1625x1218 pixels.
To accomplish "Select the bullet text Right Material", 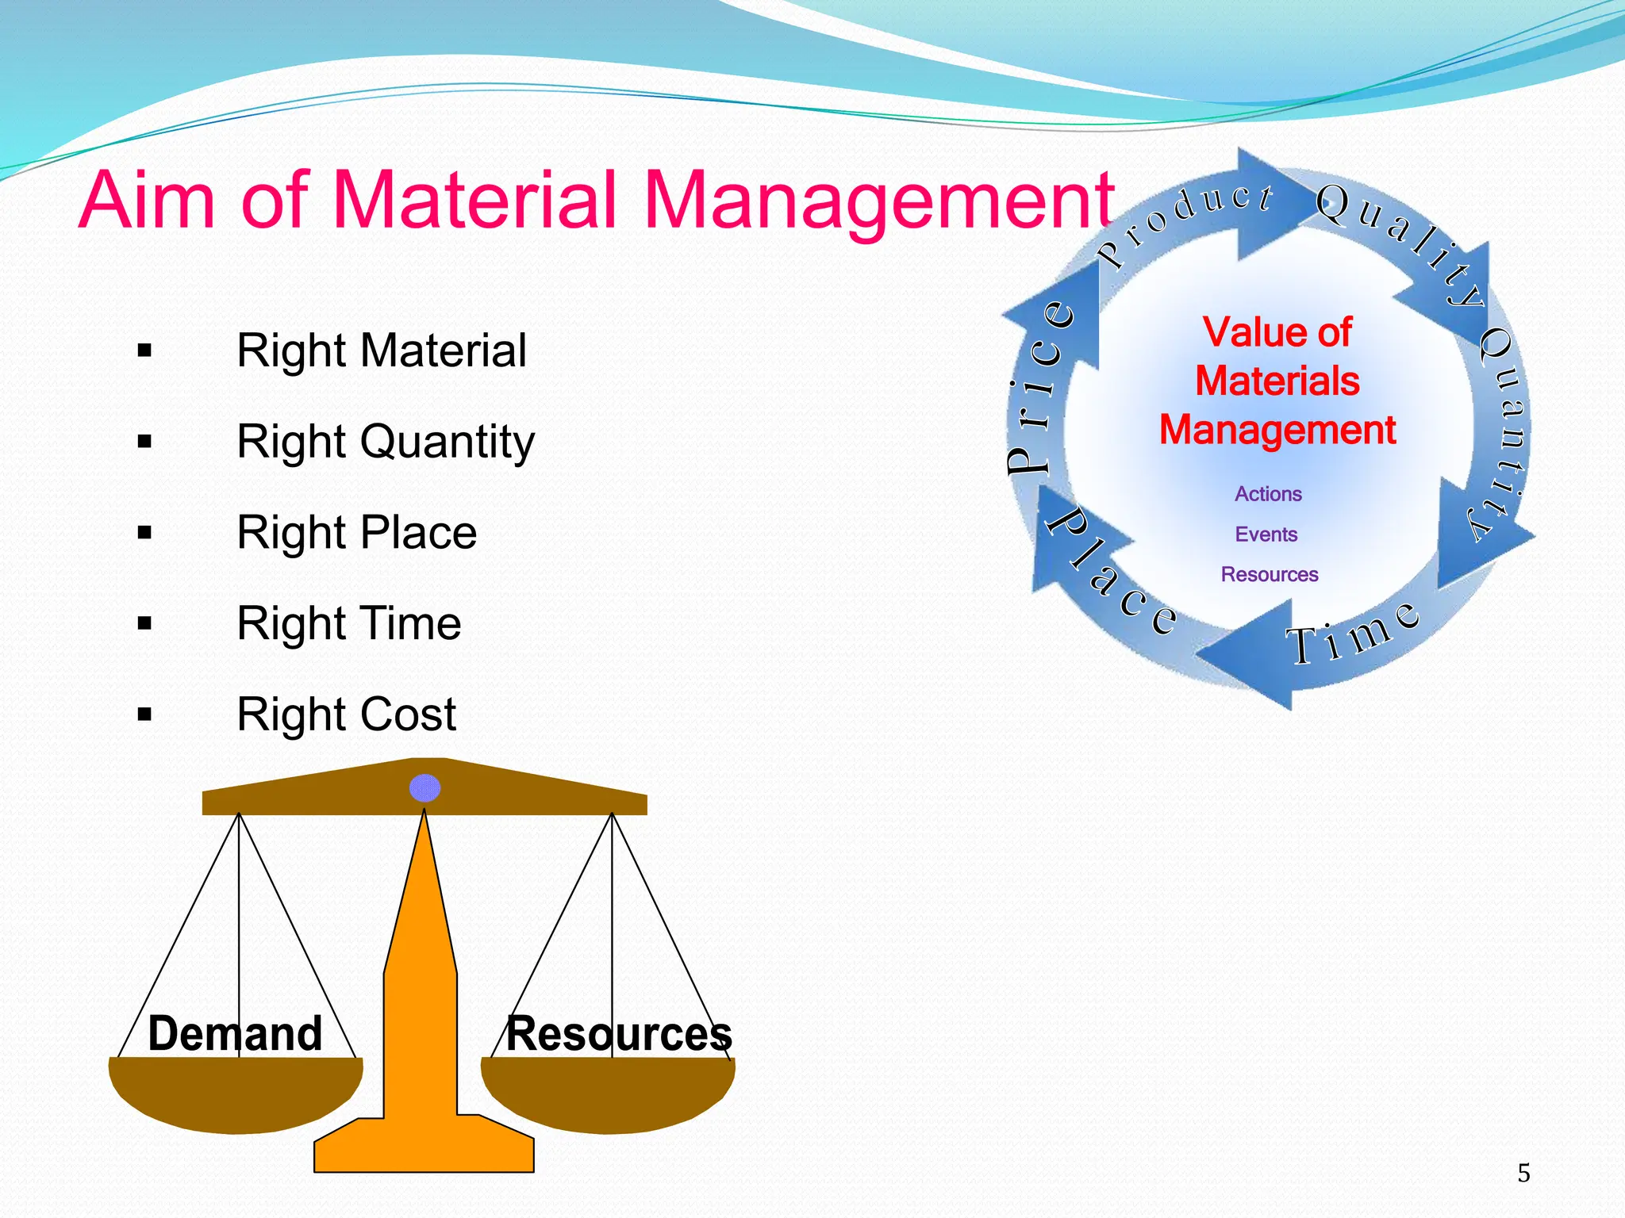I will point(381,350).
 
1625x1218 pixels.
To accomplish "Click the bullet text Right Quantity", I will point(386,442).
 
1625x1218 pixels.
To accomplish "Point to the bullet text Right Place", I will point(356,532).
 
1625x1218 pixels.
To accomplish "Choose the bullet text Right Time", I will point(348,623).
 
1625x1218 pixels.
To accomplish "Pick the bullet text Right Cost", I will point(346,714).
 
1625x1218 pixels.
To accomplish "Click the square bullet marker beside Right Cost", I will point(144,714).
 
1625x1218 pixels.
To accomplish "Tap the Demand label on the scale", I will point(235,1033).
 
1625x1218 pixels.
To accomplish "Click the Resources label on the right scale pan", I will point(619,1033).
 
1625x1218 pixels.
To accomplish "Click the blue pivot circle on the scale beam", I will point(424,788).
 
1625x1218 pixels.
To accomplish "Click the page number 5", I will point(1523,1173).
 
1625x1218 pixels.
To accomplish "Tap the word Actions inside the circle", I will point(1268,494).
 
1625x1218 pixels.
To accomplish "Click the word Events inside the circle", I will point(1266,534).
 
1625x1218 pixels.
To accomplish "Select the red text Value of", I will point(1277,331).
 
